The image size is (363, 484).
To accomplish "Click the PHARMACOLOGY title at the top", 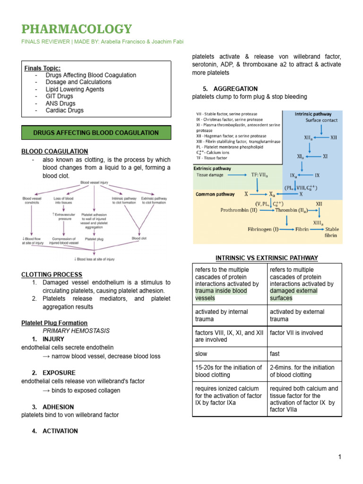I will [x=77, y=29].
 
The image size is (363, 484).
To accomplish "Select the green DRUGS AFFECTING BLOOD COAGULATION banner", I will [x=96, y=133].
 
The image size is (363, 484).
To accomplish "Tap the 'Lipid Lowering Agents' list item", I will [x=75, y=89].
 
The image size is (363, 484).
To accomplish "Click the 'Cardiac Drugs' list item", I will [x=64, y=110].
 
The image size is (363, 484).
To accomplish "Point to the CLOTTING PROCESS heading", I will [x=52, y=275].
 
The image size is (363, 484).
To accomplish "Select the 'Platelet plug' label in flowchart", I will [x=94, y=239].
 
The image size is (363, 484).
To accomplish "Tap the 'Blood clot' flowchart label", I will [x=139, y=239].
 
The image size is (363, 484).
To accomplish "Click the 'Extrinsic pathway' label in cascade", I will [x=212, y=168].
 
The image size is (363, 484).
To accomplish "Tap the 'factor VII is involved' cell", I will [x=296, y=333].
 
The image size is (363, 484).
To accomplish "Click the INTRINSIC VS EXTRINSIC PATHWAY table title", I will [x=267, y=258].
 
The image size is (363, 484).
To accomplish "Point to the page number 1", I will [x=339, y=457].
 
